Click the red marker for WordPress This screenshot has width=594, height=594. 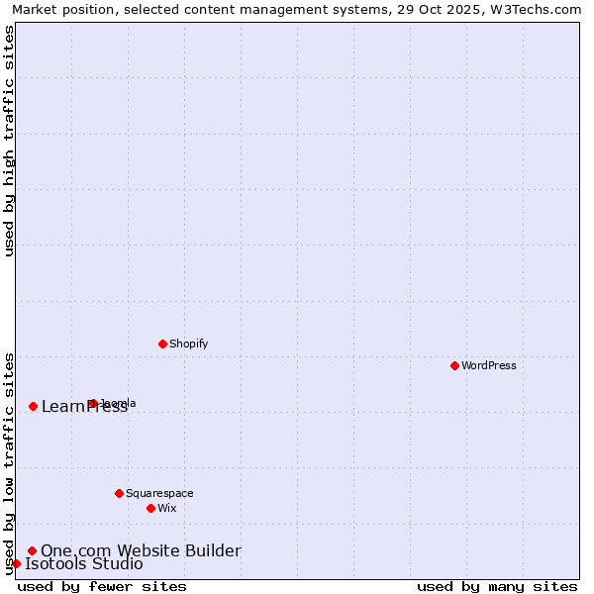point(454,365)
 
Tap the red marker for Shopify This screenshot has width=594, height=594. point(162,344)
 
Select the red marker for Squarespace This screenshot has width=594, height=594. point(119,493)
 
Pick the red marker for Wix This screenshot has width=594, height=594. point(150,508)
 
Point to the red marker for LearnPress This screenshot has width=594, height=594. point(33,406)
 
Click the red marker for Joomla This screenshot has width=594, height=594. point(92,403)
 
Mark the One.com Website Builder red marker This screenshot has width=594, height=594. point(32,550)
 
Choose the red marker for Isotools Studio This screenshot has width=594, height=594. point(16,563)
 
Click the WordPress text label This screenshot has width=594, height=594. point(489,365)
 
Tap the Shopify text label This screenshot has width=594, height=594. point(188,344)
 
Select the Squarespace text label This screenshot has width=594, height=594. point(159,493)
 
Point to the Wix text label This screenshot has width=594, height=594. point(166,508)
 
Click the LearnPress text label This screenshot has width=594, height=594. point(84,407)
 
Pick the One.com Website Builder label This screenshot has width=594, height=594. point(141,550)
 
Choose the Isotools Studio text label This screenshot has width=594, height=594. point(84,564)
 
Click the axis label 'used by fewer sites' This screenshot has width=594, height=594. point(102,586)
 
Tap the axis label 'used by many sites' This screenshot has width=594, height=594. point(497,586)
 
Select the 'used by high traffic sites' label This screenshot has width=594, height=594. point(10,141)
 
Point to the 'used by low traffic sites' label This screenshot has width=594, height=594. point(10,463)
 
